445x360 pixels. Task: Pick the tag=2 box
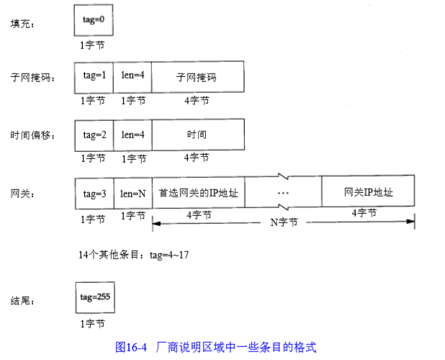click(x=94, y=135)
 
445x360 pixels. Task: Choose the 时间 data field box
click(x=197, y=135)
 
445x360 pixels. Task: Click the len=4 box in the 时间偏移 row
click(x=132, y=135)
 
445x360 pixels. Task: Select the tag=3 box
click(x=94, y=193)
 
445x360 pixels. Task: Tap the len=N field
click(x=132, y=193)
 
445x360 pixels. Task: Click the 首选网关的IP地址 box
click(x=199, y=193)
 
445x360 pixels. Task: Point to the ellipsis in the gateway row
click(x=283, y=193)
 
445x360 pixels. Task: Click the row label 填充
click(x=22, y=24)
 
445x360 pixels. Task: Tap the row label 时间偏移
click(x=31, y=135)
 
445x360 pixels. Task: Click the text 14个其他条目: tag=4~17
click(x=133, y=254)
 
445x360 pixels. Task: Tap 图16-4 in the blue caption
click(x=131, y=346)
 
